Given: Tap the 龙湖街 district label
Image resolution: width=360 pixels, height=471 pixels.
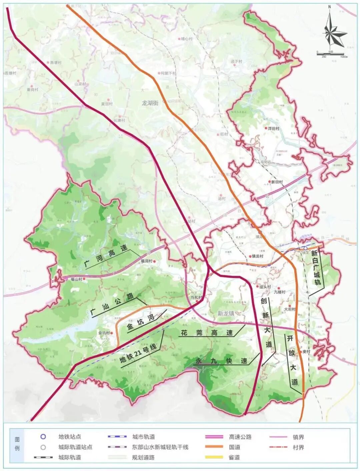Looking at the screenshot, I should pyautogui.click(x=150, y=103).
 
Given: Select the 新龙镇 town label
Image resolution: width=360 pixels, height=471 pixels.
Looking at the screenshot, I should pyautogui.click(x=226, y=313).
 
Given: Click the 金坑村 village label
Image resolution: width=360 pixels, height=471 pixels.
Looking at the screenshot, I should pyautogui.click(x=104, y=333).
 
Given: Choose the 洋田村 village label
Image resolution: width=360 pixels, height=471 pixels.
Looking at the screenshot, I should pyautogui.click(x=274, y=128).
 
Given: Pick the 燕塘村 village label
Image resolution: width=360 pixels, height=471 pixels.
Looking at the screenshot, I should pyautogui.click(x=56, y=62).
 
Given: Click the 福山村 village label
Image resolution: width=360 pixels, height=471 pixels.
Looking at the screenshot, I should pyautogui.click(x=76, y=279).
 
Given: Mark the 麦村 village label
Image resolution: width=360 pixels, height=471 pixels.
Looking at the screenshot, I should pyautogui.click(x=306, y=352).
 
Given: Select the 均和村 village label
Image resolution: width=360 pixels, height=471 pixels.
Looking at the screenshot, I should pyautogui.click(x=196, y=297).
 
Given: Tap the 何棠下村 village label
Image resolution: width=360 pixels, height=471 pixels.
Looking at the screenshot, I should pyautogui.click(x=168, y=73).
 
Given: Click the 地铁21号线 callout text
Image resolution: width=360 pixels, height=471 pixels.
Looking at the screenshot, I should pyautogui.click(x=138, y=355).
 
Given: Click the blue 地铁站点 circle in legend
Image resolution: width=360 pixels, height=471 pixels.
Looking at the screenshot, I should pyautogui.click(x=43, y=437).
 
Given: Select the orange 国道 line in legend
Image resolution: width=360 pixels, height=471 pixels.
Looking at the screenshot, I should pyautogui.click(x=214, y=447).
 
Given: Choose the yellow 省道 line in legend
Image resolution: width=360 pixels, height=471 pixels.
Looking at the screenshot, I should pyautogui.click(x=214, y=457).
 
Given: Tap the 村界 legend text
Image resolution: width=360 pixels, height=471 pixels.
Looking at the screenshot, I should pyautogui.click(x=298, y=447).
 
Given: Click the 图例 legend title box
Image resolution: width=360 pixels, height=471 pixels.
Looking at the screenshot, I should pyautogui.click(x=17, y=444).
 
